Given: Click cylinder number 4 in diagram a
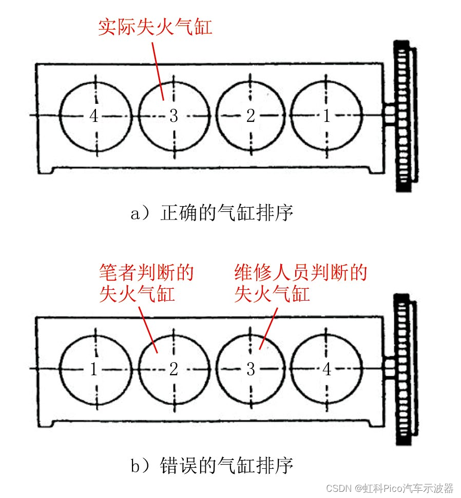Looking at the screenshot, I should click(x=94, y=116).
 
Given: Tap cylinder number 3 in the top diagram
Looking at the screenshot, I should click(x=174, y=116).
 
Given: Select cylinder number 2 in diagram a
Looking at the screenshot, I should click(x=251, y=116).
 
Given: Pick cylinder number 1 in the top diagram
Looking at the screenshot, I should click(x=326, y=116).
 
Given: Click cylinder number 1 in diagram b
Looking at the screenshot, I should click(x=94, y=369).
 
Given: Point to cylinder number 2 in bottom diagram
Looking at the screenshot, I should click(x=174, y=369).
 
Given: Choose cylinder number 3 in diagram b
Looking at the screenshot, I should click(x=251, y=369).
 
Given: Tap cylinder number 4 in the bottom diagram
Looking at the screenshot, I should click(x=326, y=369).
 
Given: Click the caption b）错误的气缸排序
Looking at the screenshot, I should click(x=212, y=466).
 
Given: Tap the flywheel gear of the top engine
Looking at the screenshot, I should click(x=405, y=116).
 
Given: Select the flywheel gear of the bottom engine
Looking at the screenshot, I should click(x=405, y=369).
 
